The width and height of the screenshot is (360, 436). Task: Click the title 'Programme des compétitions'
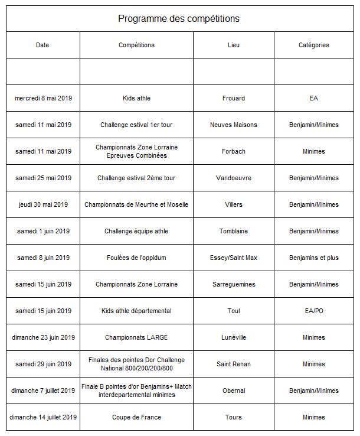(179, 18)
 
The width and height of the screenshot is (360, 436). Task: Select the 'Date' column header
(42, 45)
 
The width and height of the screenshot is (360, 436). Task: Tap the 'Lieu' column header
(234, 45)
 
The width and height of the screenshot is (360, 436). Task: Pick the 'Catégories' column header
(313, 45)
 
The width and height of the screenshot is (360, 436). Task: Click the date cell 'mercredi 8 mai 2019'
(43, 98)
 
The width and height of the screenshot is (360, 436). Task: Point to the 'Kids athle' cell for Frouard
(136, 98)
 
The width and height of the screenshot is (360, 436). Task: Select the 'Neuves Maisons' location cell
(234, 125)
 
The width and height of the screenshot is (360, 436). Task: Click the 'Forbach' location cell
(234, 151)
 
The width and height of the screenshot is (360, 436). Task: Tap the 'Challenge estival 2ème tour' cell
(136, 178)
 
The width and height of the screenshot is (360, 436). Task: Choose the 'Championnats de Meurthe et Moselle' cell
(136, 204)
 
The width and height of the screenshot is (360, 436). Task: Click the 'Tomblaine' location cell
(234, 231)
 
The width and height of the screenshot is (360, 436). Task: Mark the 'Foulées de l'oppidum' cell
(136, 258)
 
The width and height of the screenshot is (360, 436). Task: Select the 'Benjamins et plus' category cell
(313, 258)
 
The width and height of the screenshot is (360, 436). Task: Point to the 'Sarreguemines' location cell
(234, 284)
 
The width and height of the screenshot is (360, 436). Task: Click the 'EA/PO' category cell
(313, 311)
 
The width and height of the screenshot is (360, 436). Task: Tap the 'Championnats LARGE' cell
(136, 337)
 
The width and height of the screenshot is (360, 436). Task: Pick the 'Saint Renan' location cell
(234, 364)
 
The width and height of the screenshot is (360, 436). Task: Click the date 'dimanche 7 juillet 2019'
(43, 391)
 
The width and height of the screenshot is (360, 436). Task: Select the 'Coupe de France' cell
(136, 417)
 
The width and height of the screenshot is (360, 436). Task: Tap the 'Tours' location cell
(234, 417)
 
